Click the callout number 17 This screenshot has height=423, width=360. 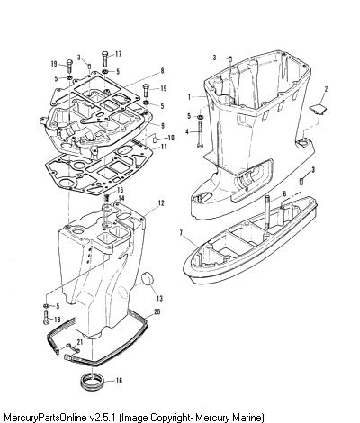click(118, 54)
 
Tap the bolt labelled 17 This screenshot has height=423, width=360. click(105, 58)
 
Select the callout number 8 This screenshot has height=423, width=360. click(162, 71)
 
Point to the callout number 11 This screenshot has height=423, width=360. click(164, 147)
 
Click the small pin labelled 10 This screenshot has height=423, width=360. click(156, 139)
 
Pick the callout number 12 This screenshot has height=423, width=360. click(161, 203)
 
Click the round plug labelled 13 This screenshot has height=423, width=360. click(148, 279)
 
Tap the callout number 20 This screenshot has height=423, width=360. click(157, 312)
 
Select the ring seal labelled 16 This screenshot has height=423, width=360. click(93, 381)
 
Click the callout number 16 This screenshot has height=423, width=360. click(119, 381)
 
